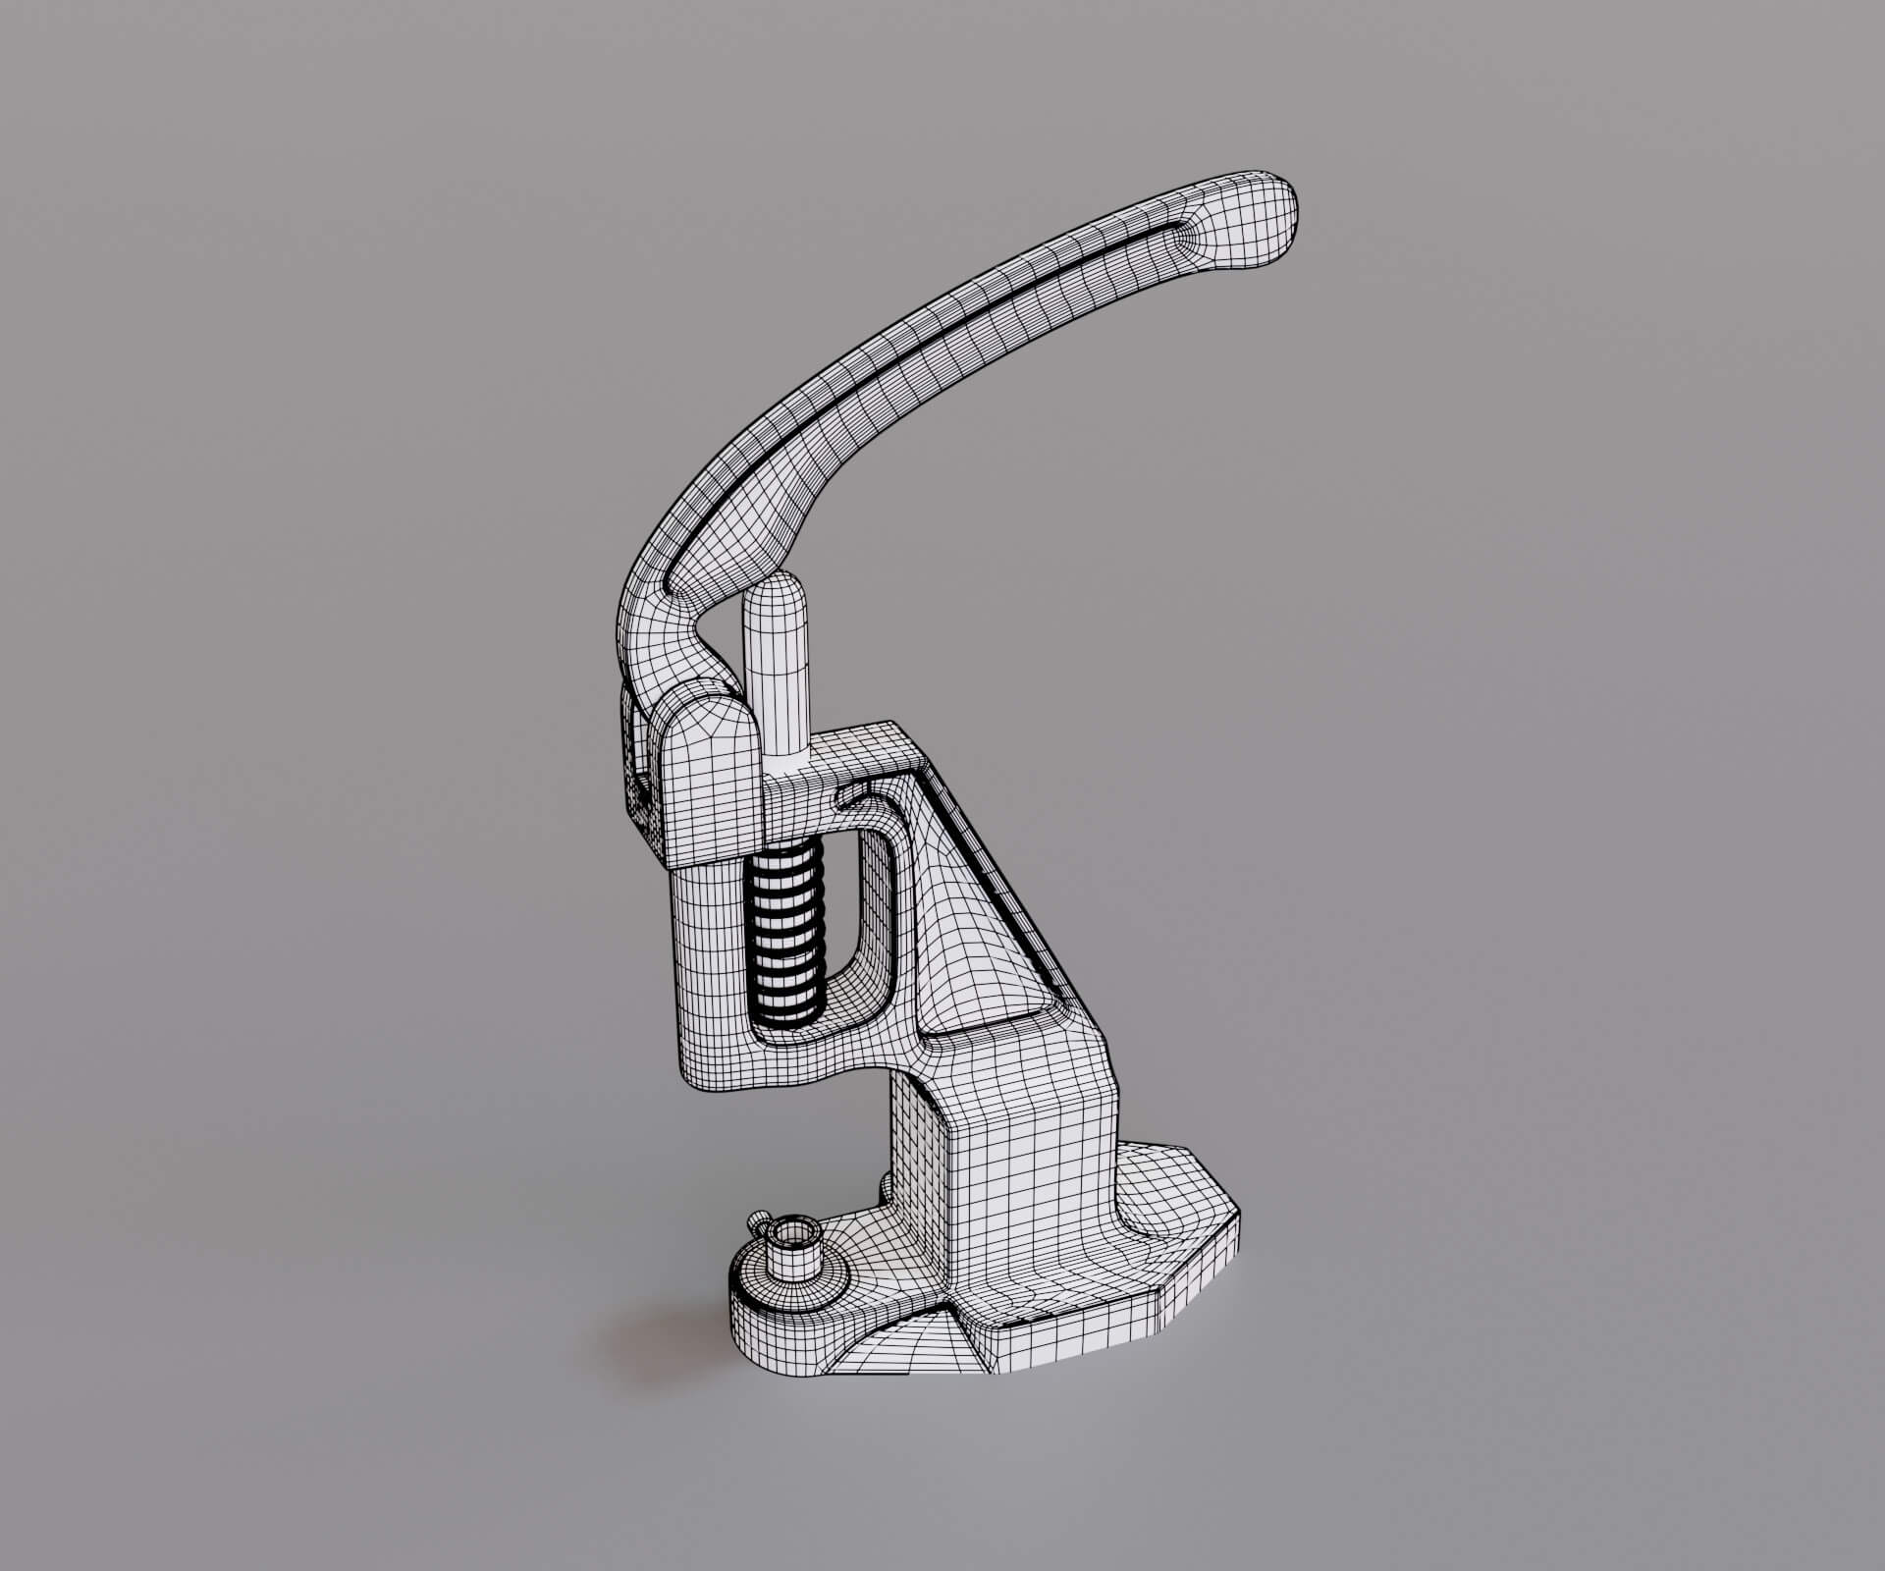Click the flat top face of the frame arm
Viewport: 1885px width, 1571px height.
[864, 751]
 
